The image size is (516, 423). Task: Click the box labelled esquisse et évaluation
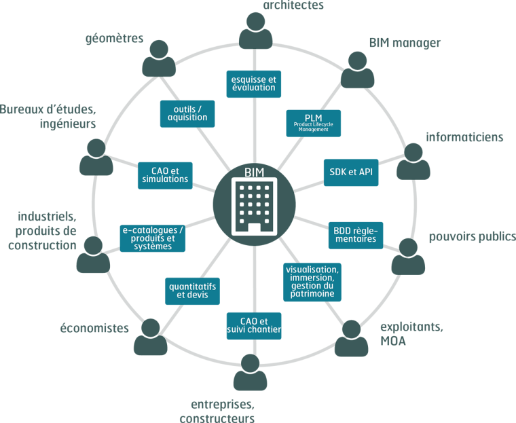point(253,84)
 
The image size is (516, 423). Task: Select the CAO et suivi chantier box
point(253,326)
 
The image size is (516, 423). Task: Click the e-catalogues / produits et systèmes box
point(153,238)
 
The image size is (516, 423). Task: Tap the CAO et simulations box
point(164,175)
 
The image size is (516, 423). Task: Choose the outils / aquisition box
point(187,113)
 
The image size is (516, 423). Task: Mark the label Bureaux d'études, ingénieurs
point(48,116)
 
